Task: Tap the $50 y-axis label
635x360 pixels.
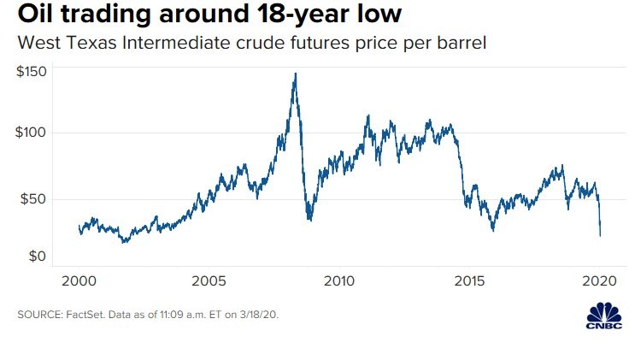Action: click(34, 199)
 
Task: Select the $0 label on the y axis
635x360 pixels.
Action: click(38, 257)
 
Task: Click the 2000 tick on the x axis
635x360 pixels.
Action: click(79, 281)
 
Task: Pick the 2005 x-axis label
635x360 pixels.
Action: click(209, 281)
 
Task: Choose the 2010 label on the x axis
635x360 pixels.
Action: click(339, 281)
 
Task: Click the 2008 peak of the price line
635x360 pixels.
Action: click(296, 74)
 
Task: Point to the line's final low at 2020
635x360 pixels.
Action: click(600, 235)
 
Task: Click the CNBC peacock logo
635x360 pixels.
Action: click(605, 314)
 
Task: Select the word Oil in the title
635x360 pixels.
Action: click(35, 15)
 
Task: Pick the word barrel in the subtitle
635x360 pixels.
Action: click(462, 42)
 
